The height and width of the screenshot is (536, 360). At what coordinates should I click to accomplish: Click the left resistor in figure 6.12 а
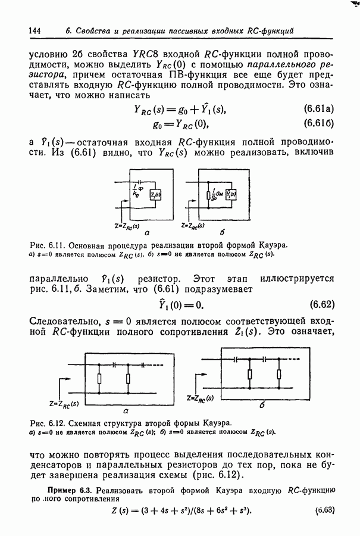99,378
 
